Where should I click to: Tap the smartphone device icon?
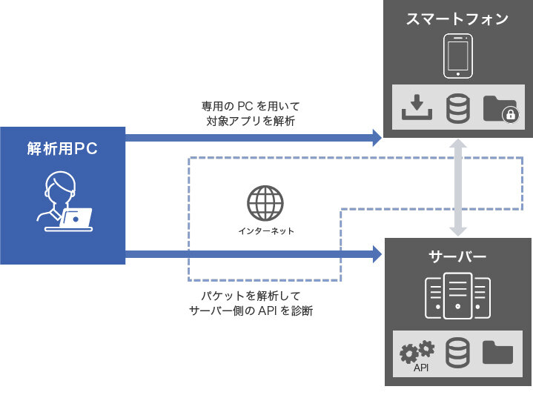point(457,57)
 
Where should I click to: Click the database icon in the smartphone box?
point(457,109)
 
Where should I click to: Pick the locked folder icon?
point(499,109)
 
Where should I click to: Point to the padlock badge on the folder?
point(509,115)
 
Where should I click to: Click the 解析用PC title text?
point(62,148)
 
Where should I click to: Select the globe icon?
point(265,202)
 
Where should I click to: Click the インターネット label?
point(266,231)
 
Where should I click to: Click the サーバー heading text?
point(457,257)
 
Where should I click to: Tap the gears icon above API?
point(416,350)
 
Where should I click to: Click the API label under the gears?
point(421,367)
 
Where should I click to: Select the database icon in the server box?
point(457,352)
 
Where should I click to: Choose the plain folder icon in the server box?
point(497,352)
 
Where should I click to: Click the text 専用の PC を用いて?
point(251,106)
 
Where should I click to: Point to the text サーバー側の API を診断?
point(251,311)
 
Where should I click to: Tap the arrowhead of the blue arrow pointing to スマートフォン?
point(375,136)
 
